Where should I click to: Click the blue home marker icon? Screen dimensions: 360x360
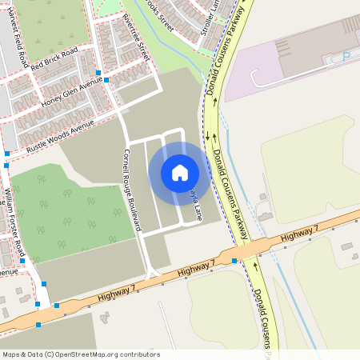[180, 172]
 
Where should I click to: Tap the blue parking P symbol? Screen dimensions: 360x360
[346, 57]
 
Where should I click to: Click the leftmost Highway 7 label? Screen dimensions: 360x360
[113, 294]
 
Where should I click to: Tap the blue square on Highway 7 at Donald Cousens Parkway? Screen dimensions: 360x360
[234, 260]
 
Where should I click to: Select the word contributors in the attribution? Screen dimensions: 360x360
[136, 354]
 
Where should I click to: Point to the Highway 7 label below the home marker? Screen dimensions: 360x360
[196, 270]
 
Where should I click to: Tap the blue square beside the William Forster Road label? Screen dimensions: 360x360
[22, 260]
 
